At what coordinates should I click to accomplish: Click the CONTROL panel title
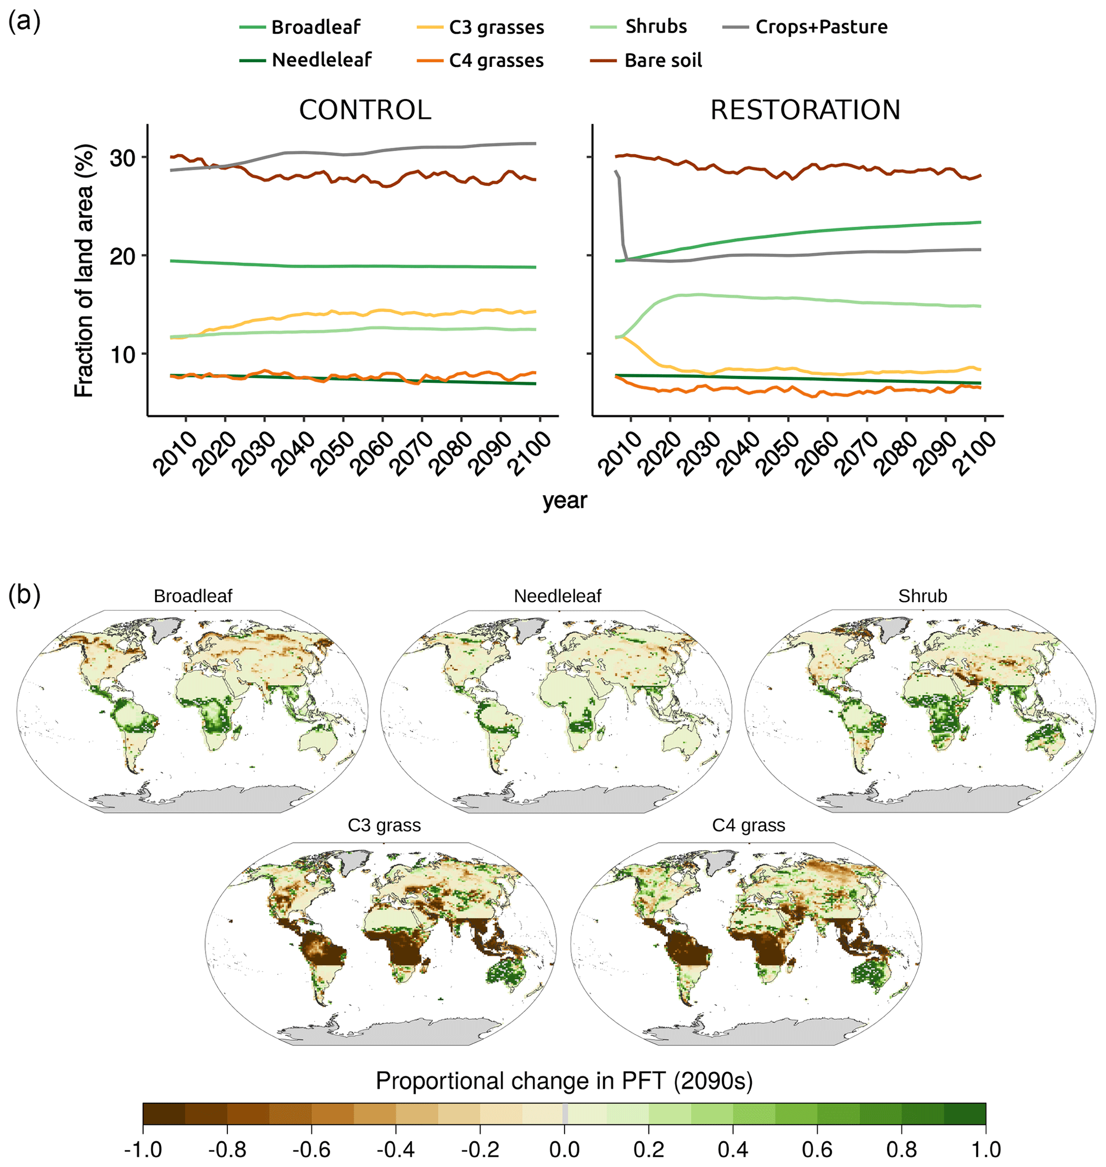(365, 110)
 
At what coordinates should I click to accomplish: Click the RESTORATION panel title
(805, 110)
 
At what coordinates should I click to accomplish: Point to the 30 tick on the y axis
(123, 158)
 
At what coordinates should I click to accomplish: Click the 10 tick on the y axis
(123, 355)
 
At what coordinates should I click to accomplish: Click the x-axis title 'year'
(564, 501)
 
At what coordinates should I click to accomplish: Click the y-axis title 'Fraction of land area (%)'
(85, 271)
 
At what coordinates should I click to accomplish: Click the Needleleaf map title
(557, 596)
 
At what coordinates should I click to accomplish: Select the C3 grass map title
(384, 825)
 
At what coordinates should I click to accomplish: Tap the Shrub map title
(922, 596)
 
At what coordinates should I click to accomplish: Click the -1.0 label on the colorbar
(143, 1149)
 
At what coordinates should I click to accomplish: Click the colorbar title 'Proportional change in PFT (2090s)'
(563, 1081)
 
